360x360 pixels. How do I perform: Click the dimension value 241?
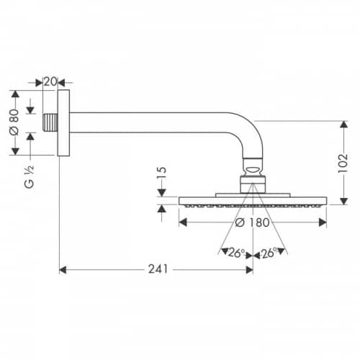(158, 269)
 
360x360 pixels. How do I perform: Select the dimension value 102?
(343, 163)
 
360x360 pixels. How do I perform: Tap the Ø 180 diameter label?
(252, 222)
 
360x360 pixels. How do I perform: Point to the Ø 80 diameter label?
(14, 122)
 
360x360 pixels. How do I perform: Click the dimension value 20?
(50, 81)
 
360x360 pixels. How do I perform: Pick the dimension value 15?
(161, 173)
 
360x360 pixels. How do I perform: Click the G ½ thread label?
(29, 177)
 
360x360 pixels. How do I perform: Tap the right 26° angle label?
(269, 253)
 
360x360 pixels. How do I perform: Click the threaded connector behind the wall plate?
(50, 122)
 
